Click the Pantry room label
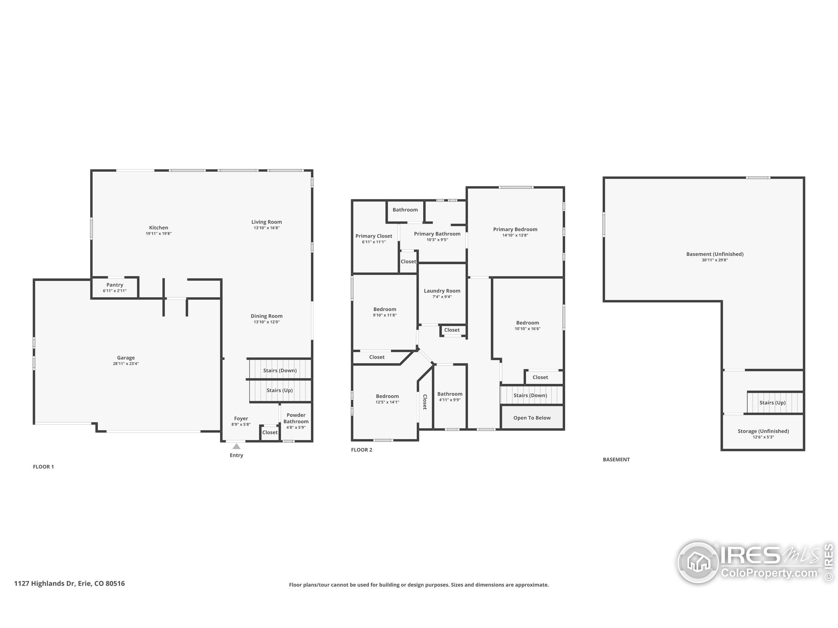click(115, 285)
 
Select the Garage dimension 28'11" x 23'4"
click(126, 364)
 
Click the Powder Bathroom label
click(296, 418)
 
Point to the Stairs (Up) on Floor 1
click(280, 390)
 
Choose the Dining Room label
click(266, 316)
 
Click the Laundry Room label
click(442, 291)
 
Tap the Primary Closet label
click(373, 236)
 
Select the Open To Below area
click(532, 418)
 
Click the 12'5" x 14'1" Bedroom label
click(387, 396)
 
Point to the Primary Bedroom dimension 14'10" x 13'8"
click(515, 235)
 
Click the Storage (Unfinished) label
click(763, 431)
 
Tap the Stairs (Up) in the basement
click(772, 403)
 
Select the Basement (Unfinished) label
click(715, 254)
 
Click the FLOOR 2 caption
click(361, 450)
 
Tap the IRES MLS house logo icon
click(698, 563)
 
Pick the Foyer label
click(241, 419)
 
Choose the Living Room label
click(266, 222)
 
